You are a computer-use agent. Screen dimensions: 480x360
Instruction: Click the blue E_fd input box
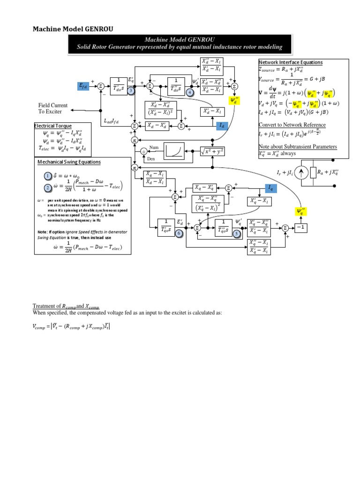[x=83, y=86]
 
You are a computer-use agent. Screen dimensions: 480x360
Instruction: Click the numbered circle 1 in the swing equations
[x=47, y=176]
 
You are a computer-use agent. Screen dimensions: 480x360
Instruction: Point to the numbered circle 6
[x=178, y=232]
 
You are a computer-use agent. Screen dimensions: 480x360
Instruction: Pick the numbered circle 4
[x=190, y=93]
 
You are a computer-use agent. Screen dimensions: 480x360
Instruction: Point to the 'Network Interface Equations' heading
[x=290, y=62]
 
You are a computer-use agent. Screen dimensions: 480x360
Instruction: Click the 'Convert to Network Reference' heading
[x=292, y=125]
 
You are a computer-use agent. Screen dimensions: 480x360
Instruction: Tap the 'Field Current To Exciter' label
[x=53, y=108]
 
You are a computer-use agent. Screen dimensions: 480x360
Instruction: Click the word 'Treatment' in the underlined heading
[x=45, y=306]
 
